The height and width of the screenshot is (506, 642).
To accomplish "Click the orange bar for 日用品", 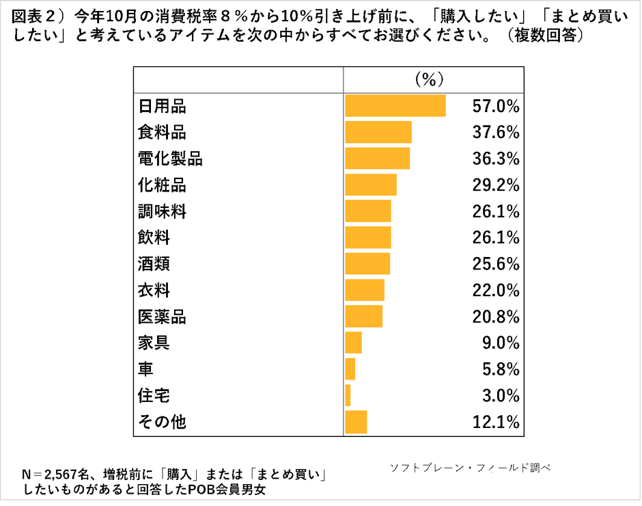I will [x=395, y=106].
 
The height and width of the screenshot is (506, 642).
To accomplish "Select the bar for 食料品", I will [x=378, y=132].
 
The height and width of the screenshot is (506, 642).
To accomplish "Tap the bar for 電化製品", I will [x=378, y=159].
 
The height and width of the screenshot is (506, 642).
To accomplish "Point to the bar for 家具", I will [x=353, y=343].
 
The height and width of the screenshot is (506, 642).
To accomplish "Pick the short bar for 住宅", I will [x=348, y=396].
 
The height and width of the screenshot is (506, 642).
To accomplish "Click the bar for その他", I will [x=356, y=423].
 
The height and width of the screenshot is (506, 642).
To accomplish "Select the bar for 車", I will [x=350, y=369].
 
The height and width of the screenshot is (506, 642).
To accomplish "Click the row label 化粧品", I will [x=162, y=185].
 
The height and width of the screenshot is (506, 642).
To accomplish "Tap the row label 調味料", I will [x=162, y=212].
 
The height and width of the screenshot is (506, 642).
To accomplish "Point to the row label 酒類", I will [x=154, y=264].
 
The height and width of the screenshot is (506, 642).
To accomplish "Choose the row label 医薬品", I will [x=162, y=317].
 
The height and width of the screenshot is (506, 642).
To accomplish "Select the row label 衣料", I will [x=154, y=291].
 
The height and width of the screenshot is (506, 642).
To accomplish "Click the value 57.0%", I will [x=496, y=106].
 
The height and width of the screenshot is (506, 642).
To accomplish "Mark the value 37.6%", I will [x=496, y=132].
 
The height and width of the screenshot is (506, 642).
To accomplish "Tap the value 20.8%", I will [x=496, y=317].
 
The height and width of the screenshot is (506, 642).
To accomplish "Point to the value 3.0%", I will [x=500, y=396].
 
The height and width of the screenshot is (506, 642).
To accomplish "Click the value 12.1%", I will [x=496, y=423].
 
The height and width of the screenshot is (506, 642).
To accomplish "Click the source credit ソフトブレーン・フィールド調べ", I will [x=470, y=468].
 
